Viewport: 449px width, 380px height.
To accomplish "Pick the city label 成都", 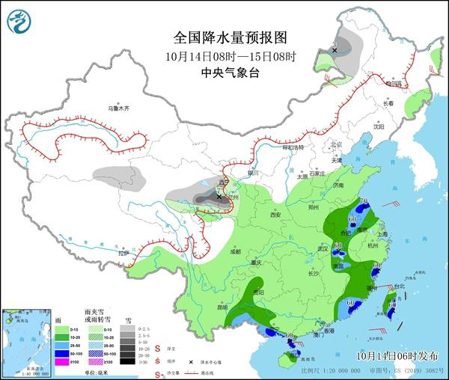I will click(x=236, y=251).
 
